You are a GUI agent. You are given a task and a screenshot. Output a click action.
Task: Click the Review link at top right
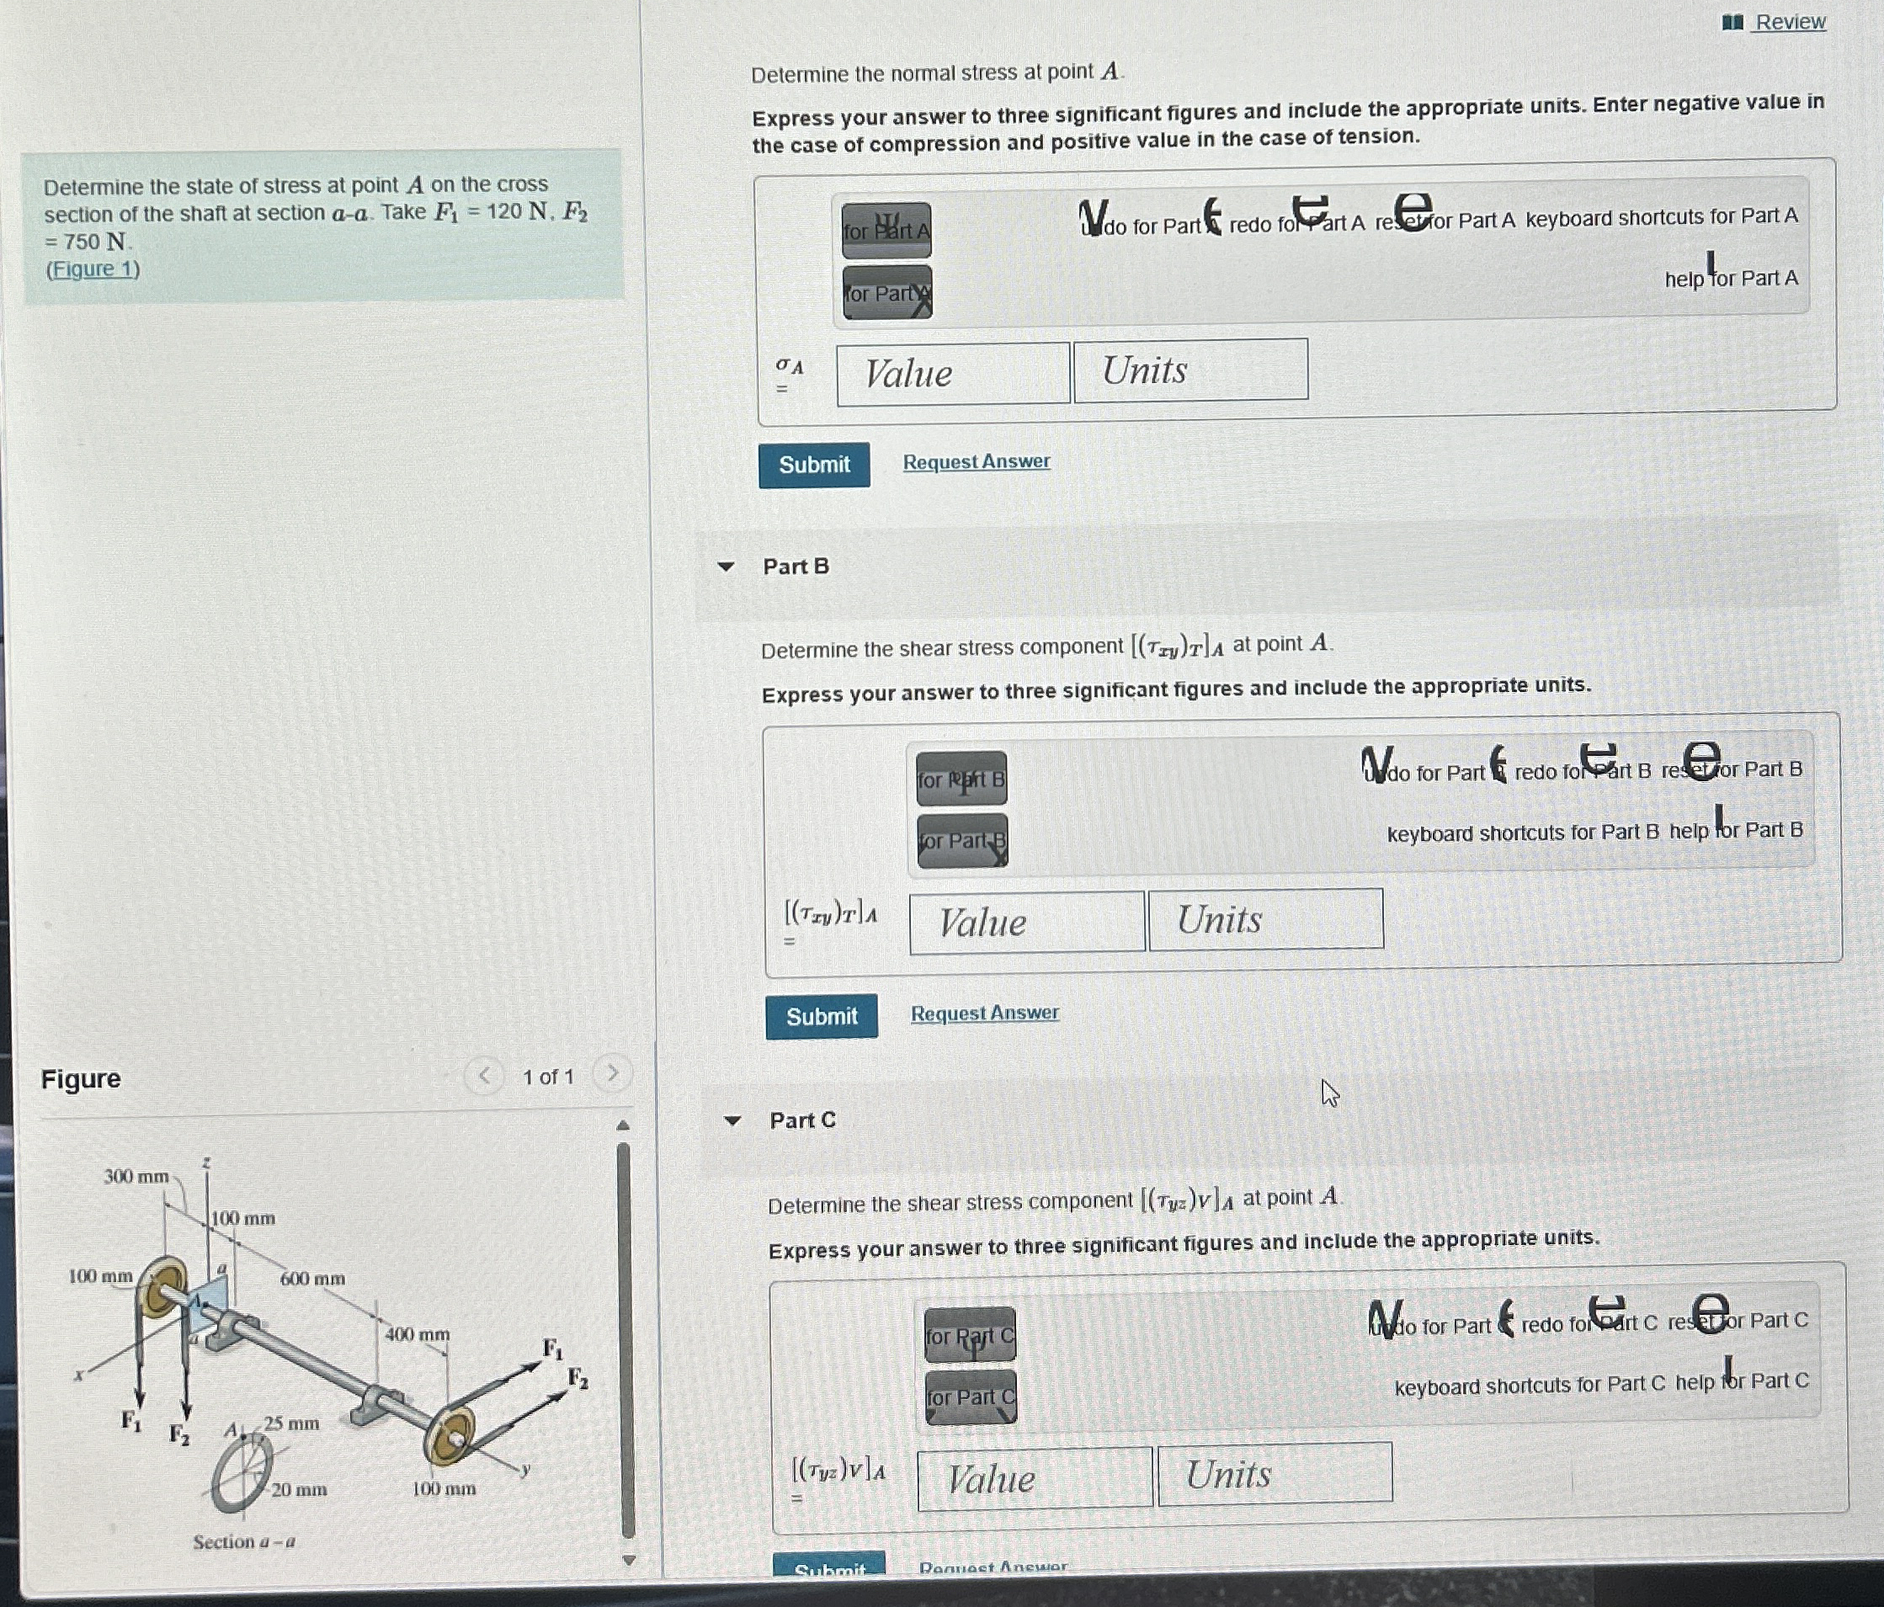pos(1789,21)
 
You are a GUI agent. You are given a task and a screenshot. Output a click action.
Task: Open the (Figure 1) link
pos(93,269)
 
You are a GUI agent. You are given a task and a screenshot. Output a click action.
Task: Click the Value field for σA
pos(952,374)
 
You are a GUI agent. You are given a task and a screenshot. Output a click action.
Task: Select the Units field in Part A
pos(1190,370)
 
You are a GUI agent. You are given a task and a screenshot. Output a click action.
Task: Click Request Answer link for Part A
pos(976,462)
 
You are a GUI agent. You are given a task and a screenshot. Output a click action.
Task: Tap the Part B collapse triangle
pos(726,567)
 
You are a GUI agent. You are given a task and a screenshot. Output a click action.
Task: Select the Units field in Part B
pos(1266,919)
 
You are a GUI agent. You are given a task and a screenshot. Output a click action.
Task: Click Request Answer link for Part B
pos(984,1014)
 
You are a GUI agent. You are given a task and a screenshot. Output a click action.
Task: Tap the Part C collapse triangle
pos(732,1120)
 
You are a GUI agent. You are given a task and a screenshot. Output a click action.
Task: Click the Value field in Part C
pos(1035,1479)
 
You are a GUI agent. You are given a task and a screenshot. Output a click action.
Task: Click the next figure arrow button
pos(613,1074)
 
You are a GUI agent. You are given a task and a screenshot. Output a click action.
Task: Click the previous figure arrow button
pos(484,1077)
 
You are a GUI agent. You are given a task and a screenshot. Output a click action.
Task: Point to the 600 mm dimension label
pos(311,1279)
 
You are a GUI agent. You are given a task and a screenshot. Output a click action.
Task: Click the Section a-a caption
pos(243,1541)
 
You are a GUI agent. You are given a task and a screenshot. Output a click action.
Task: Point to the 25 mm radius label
pos(291,1423)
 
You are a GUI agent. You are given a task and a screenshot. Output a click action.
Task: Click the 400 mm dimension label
pos(417,1334)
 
